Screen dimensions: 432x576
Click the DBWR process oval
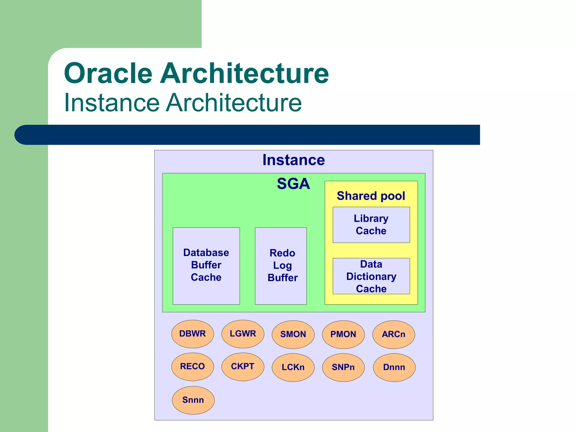193,334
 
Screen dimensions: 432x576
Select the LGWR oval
243,334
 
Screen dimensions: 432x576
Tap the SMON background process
293,334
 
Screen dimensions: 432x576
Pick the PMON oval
343,334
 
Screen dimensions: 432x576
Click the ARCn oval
393,334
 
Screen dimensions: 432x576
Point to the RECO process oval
193,366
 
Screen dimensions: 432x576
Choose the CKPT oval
243,366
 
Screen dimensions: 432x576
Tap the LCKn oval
293,367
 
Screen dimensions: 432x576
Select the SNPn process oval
343,367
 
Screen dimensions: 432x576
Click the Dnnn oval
394,367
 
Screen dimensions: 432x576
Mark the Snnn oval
193,400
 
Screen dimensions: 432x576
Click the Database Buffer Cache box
206,265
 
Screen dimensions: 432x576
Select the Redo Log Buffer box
281,265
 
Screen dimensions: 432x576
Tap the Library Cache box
371,225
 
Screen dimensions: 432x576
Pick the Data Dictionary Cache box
371,276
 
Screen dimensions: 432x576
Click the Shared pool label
371,196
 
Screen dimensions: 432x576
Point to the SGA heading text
293,184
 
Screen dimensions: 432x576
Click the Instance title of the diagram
293,160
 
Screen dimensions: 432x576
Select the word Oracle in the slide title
108,73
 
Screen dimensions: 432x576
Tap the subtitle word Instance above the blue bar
112,103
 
